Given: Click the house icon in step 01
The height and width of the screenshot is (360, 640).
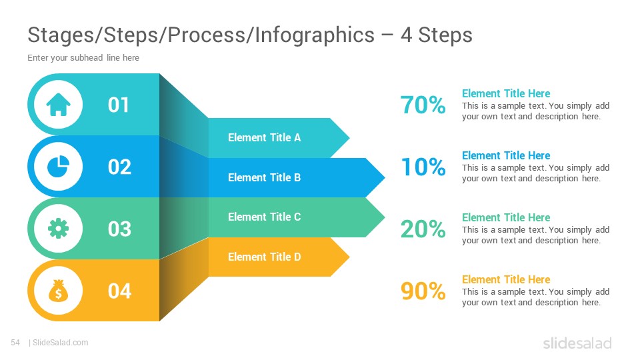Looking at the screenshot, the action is point(59,105).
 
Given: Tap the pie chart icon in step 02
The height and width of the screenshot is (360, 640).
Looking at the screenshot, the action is point(59,167).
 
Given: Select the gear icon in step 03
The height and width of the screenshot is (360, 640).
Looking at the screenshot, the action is point(59,229).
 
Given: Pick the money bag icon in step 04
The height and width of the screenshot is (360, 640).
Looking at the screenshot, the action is point(59,291).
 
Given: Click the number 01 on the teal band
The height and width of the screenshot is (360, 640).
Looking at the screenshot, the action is point(119,105).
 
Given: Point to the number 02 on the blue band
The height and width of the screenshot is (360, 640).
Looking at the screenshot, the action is point(119,167).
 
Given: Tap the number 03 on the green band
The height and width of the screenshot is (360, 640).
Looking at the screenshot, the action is point(119,229).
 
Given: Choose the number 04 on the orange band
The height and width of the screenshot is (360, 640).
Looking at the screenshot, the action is point(119,291).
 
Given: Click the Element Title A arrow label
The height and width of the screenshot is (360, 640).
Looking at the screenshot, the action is point(264,137).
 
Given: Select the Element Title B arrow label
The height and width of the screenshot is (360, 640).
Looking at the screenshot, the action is point(264,177).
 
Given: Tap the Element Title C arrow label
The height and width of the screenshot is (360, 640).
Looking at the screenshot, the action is point(264,217).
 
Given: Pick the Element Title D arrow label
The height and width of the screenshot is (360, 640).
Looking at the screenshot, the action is point(264,257).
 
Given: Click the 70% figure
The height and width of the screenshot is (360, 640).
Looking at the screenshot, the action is point(423,105).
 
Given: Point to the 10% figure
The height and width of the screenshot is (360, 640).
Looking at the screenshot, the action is point(423,167).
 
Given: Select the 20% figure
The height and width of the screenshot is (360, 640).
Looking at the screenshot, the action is point(423,229).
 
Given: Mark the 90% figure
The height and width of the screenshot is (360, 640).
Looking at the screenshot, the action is point(423,291).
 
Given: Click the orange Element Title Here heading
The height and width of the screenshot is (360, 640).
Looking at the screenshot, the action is point(506,279).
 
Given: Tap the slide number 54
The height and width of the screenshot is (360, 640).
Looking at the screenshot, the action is point(15,343).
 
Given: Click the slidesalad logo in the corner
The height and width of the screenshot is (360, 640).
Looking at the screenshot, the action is point(577,343).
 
